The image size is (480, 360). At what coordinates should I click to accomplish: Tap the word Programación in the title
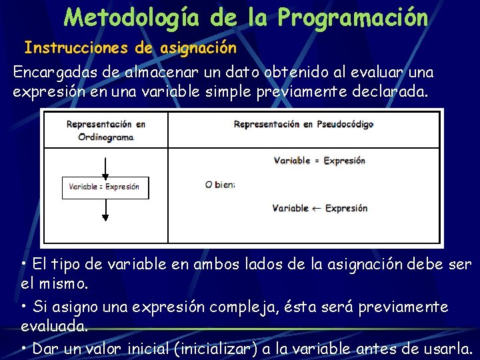point(353,17)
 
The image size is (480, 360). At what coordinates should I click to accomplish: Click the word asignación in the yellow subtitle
point(199,48)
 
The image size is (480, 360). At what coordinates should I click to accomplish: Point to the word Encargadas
point(51,72)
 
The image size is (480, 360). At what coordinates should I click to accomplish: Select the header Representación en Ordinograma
point(106,130)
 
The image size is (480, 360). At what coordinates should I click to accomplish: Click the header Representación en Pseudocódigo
point(303,124)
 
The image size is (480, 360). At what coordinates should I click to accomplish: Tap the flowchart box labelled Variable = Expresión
point(105,187)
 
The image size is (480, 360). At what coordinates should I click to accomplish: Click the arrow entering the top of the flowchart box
point(105,167)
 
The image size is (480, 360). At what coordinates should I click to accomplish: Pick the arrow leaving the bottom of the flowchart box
point(105,209)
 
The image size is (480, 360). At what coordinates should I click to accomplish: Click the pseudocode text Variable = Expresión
point(319,160)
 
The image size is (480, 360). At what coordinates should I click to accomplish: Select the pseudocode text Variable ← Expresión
point(319,208)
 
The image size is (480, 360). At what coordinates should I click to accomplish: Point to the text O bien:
point(220,185)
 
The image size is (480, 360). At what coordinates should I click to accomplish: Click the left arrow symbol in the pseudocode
point(317,208)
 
